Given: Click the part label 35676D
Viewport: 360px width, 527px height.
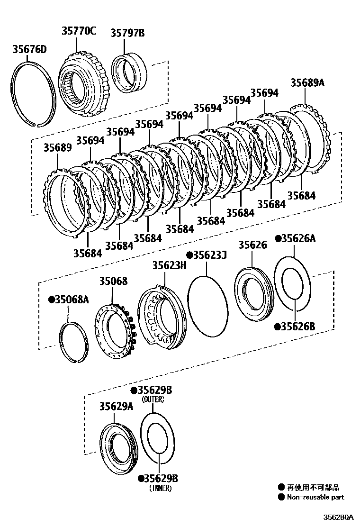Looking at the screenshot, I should (29, 49).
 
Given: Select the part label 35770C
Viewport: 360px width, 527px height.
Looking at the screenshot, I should (78, 31).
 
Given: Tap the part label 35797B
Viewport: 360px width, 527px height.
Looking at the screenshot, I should (127, 33).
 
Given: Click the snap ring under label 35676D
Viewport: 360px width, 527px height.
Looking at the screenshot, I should (31, 95).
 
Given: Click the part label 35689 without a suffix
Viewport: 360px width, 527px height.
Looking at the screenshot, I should (58, 147).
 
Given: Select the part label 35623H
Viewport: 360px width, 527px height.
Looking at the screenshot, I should (169, 266).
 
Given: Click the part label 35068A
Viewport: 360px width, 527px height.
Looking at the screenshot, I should (72, 299).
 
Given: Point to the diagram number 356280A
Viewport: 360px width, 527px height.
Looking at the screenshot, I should (338, 517).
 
